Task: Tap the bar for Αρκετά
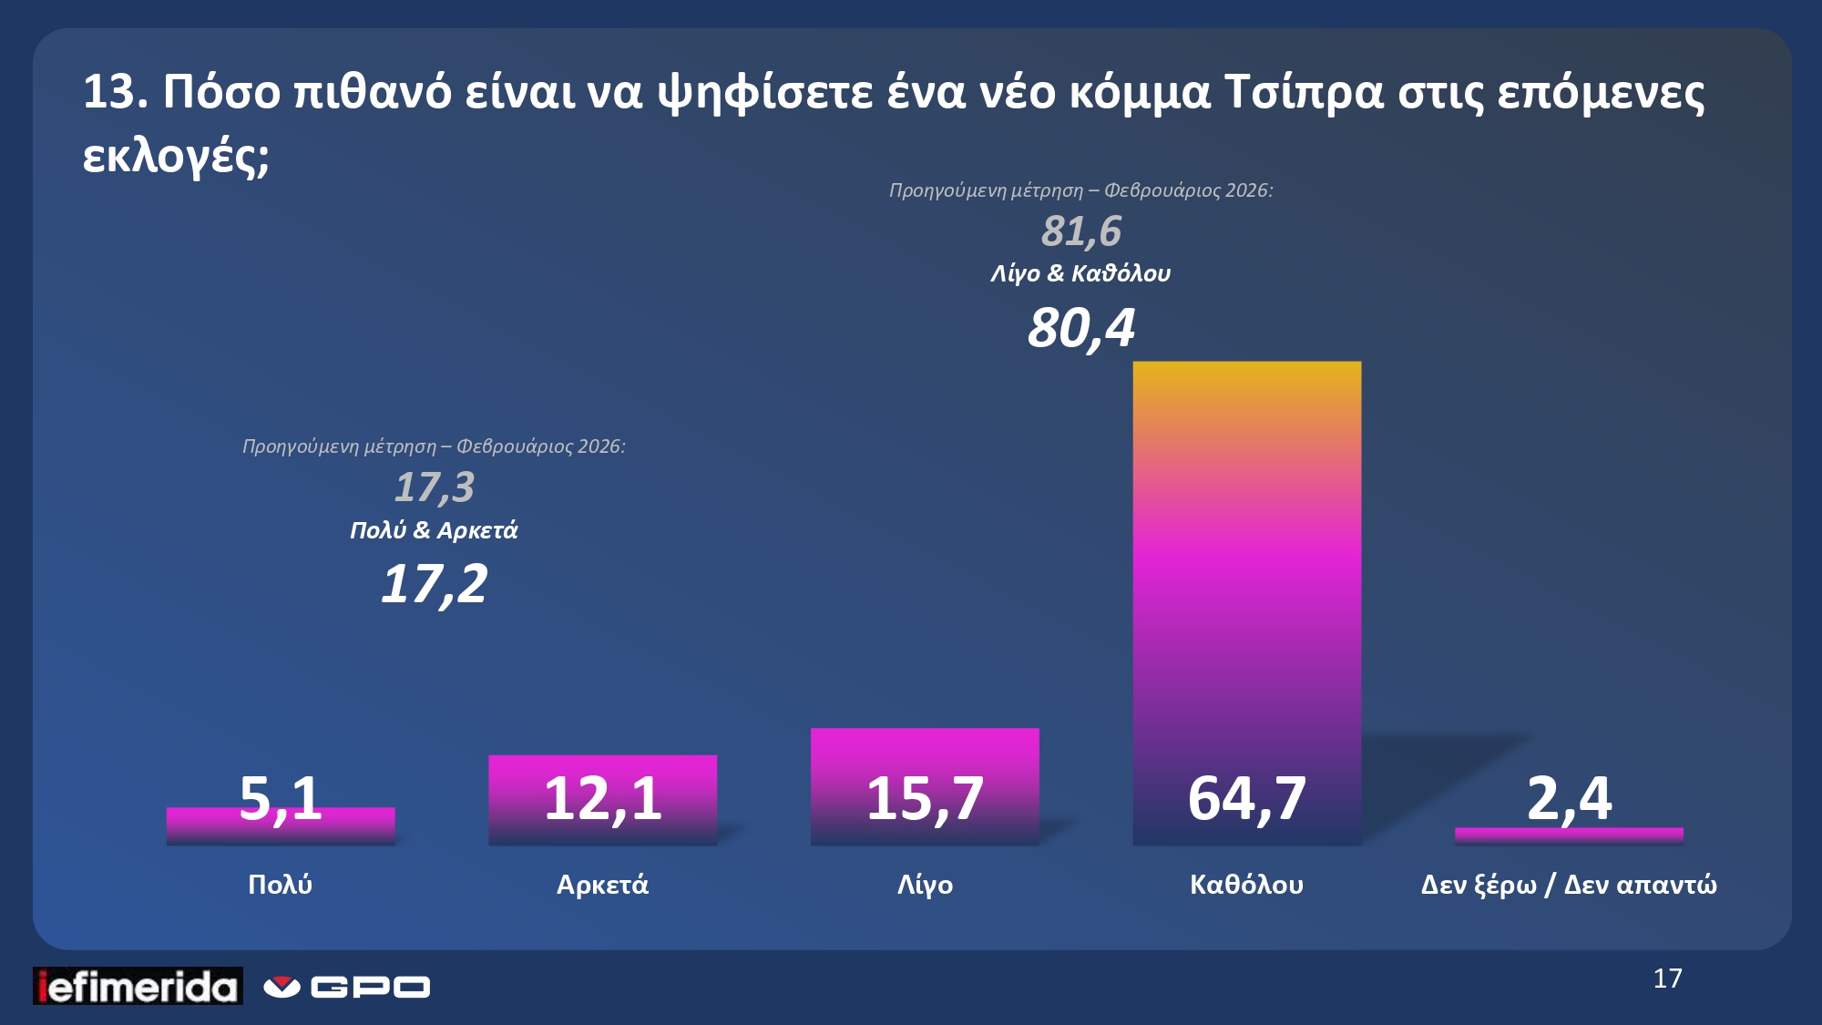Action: (x=602, y=770)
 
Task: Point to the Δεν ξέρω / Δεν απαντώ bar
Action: (x=1569, y=834)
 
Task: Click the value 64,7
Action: (x=1246, y=799)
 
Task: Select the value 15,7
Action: (x=925, y=799)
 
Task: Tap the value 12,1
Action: (x=602, y=799)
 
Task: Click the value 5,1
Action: (x=280, y=797)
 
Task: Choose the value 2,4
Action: (x=1569, y=799)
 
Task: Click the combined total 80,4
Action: (x=1081, y=328)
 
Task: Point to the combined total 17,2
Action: (x=435, y=584)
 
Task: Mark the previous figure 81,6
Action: (x=1081, y=231)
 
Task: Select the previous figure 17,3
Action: (x=435, y=487)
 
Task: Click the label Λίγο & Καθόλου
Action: (x=1080, y=273)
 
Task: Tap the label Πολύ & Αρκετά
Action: (x=434, y=530)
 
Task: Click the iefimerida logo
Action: (x=138, y=986)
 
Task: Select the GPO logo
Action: (x=347, y=987)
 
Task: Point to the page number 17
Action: (x=1667, y=979)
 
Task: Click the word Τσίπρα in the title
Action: (x=1304, y=92)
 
